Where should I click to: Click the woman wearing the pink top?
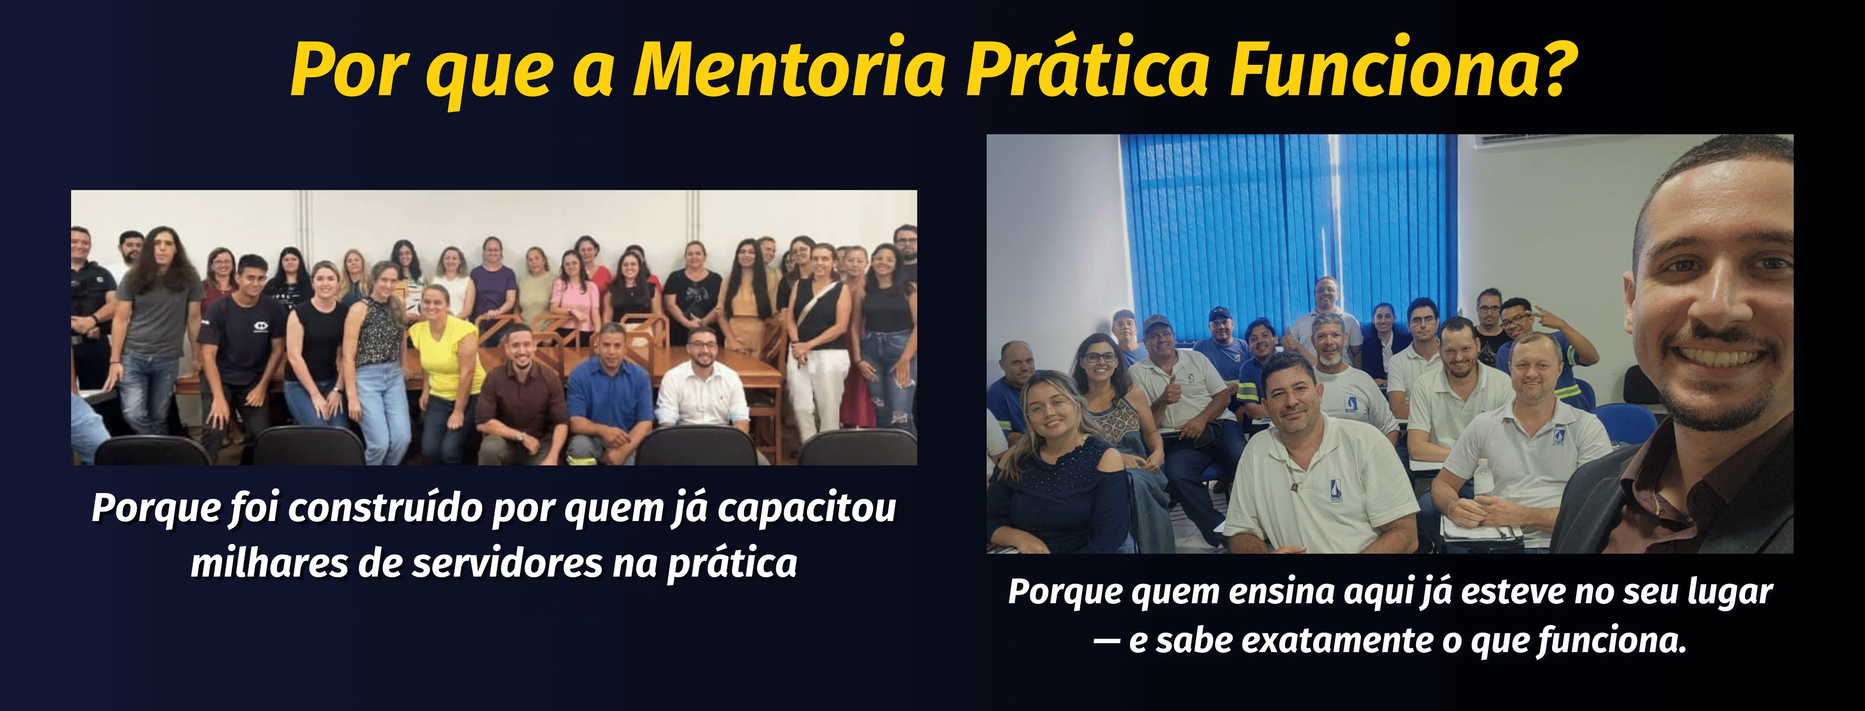pos(574,293)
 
